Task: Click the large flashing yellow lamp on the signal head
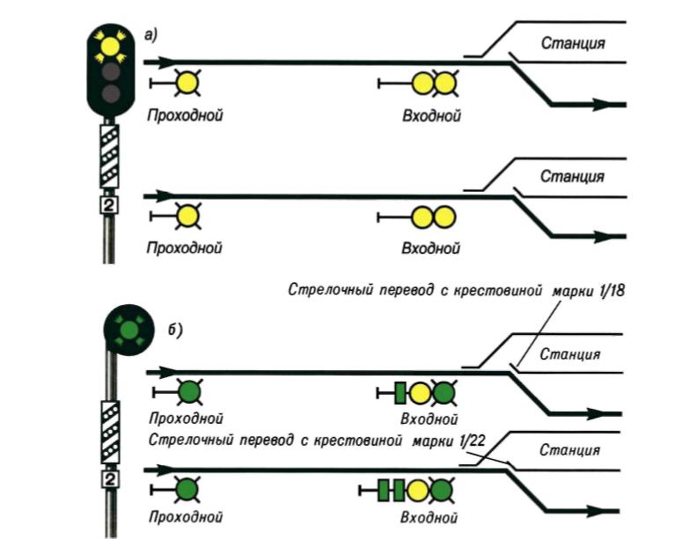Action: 110,43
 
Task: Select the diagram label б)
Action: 172,331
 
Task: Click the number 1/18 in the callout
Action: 608,292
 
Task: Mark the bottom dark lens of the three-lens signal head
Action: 110,93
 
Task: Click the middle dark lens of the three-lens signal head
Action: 110,71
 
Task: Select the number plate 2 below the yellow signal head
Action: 110,206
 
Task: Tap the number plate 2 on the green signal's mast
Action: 110,480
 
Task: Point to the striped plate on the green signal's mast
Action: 110,430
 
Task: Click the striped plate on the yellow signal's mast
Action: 110,155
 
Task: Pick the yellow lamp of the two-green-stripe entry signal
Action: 419,489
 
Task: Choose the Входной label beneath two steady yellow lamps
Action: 430,248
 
